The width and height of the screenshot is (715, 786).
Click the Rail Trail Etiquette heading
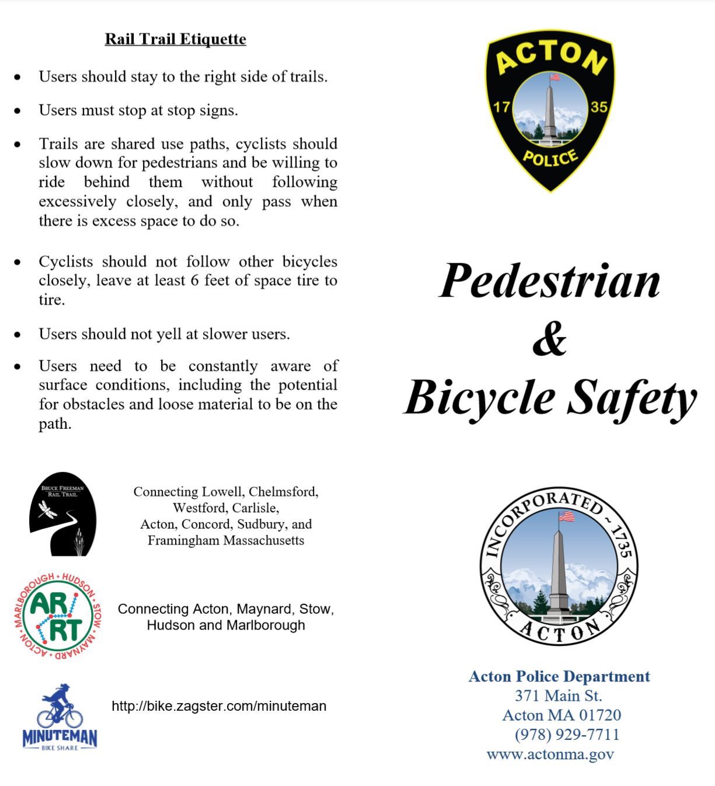[175, 39]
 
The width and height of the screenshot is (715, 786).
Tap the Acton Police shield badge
[550, 111]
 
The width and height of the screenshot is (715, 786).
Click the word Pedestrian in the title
[549, 281]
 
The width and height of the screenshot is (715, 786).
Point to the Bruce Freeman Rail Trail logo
[62, 513]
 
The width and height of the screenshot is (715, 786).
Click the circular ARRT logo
[57, 617]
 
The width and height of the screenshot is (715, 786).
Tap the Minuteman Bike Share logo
[60, 717]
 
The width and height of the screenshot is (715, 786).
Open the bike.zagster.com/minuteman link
[219, 706]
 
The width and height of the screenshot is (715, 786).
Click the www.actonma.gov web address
[550, 754]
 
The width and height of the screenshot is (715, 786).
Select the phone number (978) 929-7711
[567, 734]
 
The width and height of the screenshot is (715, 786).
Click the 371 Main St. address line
[558, 696]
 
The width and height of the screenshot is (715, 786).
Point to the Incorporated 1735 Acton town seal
[559, 566]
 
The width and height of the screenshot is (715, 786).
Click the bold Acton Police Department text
[559, 676]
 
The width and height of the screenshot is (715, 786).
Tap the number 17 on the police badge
[501, 107]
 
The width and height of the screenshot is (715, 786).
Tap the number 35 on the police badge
[599, 107]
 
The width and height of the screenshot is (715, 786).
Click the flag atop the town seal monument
[566, 516]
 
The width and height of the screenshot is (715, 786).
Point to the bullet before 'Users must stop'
[18, 110]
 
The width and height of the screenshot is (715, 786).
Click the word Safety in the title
[632, 398]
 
